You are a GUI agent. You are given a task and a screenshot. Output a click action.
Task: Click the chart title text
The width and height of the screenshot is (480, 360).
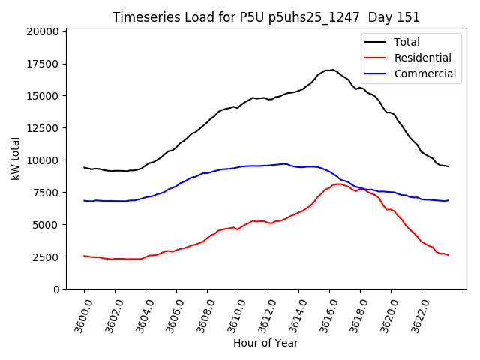tap(266, 17)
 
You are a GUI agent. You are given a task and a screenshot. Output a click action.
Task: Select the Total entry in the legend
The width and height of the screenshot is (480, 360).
tap(407, 43)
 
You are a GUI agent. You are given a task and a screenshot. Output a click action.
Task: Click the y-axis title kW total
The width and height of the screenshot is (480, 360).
tap(15, 159)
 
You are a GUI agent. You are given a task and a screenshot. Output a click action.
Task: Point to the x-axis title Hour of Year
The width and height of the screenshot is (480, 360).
tap(265, 343)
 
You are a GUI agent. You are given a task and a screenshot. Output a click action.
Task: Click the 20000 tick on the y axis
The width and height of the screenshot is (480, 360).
tap(41, 31)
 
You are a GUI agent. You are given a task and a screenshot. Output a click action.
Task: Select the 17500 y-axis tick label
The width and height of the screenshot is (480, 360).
tap(41, 64)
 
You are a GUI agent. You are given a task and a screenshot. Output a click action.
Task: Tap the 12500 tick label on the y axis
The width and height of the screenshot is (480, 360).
tap(41, 128)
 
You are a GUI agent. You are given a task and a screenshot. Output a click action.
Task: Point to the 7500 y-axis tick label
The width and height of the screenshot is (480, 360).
tap(44, 193)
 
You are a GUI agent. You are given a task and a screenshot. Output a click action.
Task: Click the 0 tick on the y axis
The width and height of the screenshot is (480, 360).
tap(55, 289)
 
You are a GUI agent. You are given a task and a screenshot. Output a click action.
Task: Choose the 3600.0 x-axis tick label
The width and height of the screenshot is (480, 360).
tap(79, 311)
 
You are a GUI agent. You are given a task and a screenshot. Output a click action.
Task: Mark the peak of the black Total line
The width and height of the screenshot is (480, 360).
tap(331, 70)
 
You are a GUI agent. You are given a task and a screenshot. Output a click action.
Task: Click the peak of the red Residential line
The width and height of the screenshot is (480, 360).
tap(339, 184)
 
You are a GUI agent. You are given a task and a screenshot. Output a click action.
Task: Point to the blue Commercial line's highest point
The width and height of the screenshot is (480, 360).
tap(283, 163)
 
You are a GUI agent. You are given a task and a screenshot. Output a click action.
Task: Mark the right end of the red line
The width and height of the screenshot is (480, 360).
tap(448, 256)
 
